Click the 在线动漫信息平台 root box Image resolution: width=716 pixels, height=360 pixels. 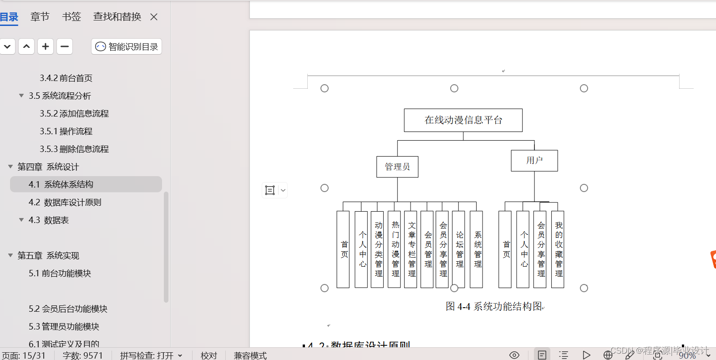pyautogui.click(x=463, y=120)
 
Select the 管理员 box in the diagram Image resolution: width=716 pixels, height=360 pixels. pyautogui.click(x=397, y=167)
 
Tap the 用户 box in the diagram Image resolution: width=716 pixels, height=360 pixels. pyautogui.click(x=534, y=161)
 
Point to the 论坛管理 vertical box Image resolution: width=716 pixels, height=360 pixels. pyautogui.click(x=459, y=249)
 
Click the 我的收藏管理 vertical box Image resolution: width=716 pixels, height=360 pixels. pyautogui.click(x=558, y=249)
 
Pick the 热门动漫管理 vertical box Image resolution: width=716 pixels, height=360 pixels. pyautogui.click(x=395, y=249)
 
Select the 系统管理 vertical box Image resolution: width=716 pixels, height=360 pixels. pyautogui.click(x=477, y=249)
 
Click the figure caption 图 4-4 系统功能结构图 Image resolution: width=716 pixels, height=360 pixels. pyautogui.click(x=494, y=306)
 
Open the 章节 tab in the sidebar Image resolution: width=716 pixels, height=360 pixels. pyautogui.click(x=40, y=17)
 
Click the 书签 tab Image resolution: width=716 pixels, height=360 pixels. pyautogui.click(x=71, y=17)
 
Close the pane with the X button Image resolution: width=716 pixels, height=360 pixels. pyautogui.click(x=154, y=17)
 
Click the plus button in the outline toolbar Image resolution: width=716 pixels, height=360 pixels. pyautogui.click(x=46, y=46)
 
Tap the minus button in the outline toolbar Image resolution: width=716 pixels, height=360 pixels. pyautogui.click(x=65, y=46)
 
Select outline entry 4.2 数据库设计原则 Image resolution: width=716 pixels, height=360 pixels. pyautogui.click(x=65, y=203)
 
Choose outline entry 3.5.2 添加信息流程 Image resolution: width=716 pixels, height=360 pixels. pyautogui.click(x=74, y=114)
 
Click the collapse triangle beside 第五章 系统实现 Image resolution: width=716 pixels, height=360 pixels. pyautogui.click(x=10, y=255)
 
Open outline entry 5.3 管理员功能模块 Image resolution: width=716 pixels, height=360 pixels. pyautogui.click(x=64, y=327)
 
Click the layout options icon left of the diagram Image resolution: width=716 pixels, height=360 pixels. pyautogui.click(x=270, y=190)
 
